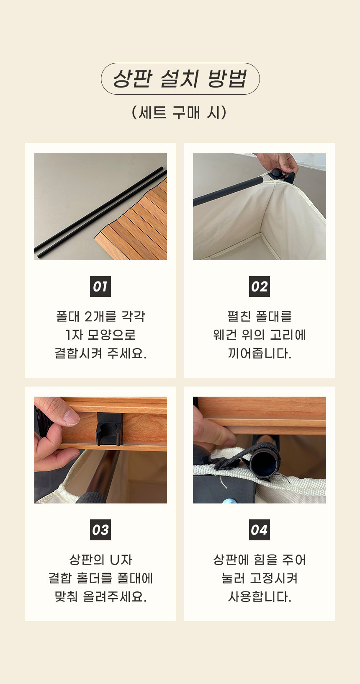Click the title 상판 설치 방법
(180, 79)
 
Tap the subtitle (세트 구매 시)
(180, 113)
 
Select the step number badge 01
(100, 287)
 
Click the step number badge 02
(259, 287)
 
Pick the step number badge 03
(100, 530)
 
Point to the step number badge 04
(259, 530)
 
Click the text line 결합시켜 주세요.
(100, 353)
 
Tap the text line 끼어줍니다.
(260, 353)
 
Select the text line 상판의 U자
(100, 560)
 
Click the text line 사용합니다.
(260, 597)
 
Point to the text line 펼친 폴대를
(260, 316)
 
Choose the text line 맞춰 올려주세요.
(100, 597)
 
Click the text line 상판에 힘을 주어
(260, 560)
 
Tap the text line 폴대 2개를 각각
(100, 316)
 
